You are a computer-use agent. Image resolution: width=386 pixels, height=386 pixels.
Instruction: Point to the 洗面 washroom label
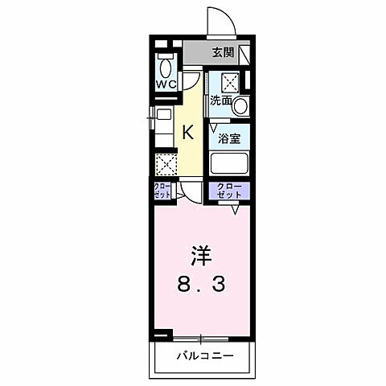pos(221,101)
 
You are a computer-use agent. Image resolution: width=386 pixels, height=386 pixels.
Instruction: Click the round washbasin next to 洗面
pos(242,105)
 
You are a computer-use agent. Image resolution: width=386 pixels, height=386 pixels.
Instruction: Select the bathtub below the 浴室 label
pos(229,163)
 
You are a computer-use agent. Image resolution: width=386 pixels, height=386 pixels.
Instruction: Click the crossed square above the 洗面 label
pos(229,81)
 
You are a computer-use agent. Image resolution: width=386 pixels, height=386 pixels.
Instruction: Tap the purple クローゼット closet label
pos(229,191)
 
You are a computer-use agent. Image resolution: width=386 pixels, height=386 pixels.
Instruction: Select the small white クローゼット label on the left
pos(162,191)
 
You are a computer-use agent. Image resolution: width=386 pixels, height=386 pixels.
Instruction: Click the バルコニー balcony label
pos(203,354)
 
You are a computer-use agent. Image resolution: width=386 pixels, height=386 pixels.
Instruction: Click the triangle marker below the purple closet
pos(235,210)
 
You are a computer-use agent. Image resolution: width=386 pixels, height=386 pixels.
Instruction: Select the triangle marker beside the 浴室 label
pos(214,127)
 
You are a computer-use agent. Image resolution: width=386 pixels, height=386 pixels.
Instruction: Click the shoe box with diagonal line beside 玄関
pos(245,55)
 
